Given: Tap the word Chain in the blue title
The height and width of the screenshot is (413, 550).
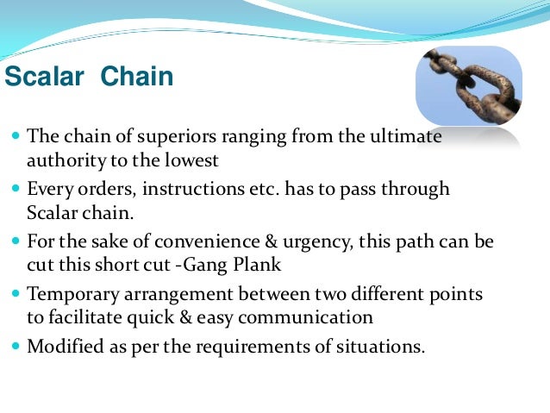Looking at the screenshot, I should pyautogui.click(x=137, y=79).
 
